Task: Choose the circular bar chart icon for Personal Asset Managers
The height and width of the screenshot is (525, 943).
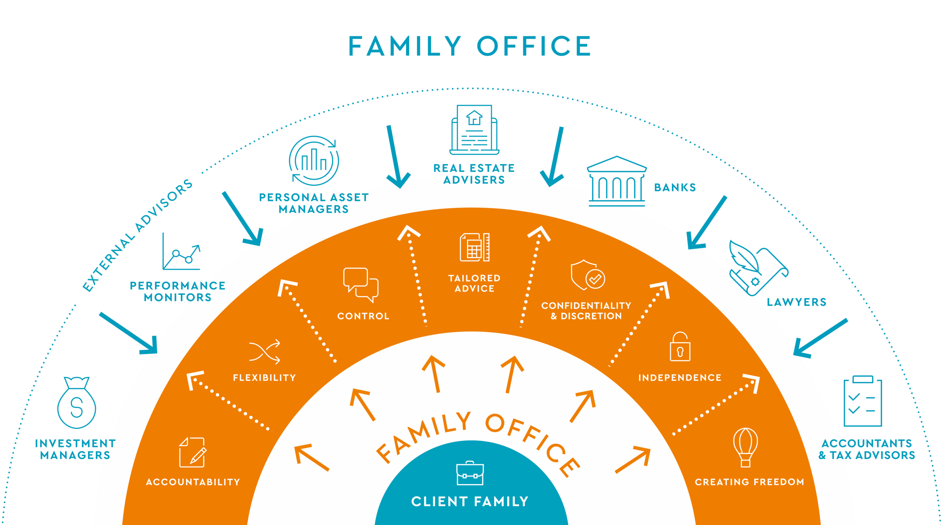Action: (x=314, y=161)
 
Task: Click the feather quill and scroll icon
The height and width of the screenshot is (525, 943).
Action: (x=758, y=267)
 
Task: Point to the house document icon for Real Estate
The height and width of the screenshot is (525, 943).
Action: (x=474, y=130)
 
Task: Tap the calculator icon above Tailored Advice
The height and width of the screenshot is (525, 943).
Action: (x=474, y=247)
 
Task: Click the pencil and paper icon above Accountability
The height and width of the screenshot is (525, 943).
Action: (x=193, y=453)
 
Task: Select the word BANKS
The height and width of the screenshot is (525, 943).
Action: (x=675, y=188)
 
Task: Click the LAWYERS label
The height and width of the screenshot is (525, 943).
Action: (x=796, y=302)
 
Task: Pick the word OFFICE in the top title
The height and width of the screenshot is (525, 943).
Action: (x=534, y=47)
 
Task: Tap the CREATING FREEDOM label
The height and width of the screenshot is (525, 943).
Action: (x=749, y=482)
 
